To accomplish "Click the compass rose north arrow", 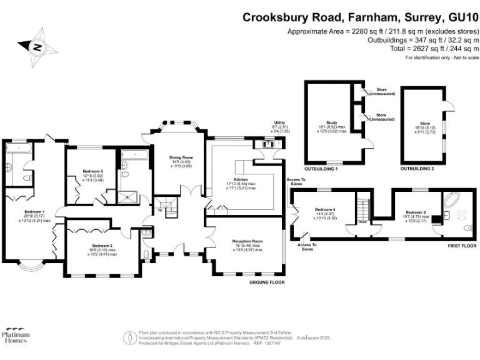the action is (x=37, y=47).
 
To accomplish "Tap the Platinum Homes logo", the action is (x=17, y=338).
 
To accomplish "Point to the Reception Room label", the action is (x=247, y=241).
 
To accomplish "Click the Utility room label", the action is (x=280, y=123).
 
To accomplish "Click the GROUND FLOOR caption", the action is (x=267, y=282).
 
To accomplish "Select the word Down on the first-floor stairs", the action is (x=362, y=221).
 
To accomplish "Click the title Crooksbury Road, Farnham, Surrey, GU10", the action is (x=361, y=17).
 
